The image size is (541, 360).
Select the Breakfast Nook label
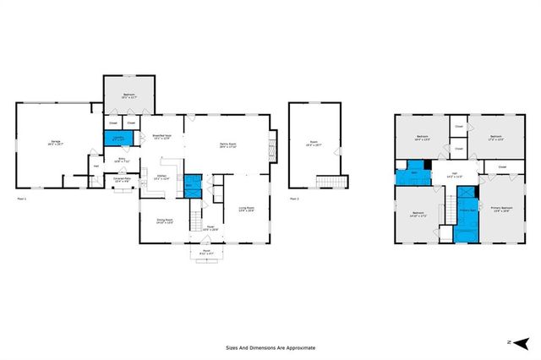point(162,138)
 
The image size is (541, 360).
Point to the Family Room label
point(227,145)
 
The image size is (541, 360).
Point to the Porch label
point(206,251)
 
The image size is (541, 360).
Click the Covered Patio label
point(122,179)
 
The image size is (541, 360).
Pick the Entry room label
point(122,160)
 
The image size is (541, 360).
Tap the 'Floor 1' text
point(22,199)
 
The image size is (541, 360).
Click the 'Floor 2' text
point(294,199)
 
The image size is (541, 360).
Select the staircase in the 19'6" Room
point(327,182)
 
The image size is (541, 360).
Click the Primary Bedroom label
point(500,208)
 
